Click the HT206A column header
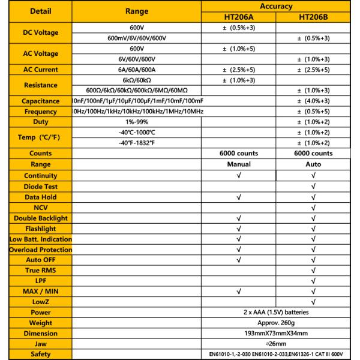point(238,17)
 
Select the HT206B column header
point(314,17)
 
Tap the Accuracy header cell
point(276,6)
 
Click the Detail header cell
point(36,11)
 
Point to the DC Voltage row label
point(36,33)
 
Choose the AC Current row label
point(36,70)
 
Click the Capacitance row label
point(36,101)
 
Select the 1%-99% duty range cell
point(137,122)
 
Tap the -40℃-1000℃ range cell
point(137,132)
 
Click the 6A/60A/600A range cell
point(137,70)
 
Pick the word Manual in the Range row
point(238,164)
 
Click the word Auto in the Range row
point(314,164)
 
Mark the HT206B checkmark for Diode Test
point(314,185)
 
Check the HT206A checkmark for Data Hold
point(238,196)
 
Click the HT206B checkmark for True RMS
point(314,271)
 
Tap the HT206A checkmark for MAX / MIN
point(238,292)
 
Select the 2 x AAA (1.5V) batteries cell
point(276,313)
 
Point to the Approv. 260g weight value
point(276,323)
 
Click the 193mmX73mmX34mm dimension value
point(276,334)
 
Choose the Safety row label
point(36,355)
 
